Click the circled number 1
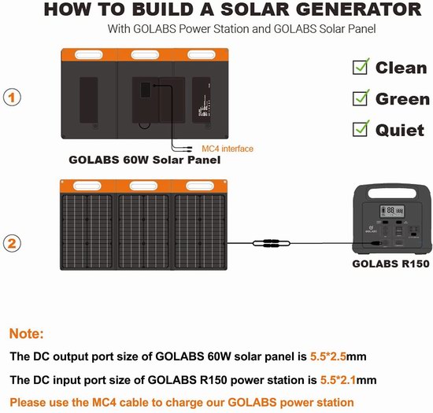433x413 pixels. click(12, 98)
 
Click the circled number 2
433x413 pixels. click(12, 243)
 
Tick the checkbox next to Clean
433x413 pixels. click(361, 68)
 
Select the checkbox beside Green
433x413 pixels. click(361, 98)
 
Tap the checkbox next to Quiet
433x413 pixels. click(361, 129)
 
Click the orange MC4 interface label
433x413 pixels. click(228, 149)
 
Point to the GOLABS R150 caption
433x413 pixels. click(390, 264)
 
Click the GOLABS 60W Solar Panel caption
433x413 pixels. click(144, 160)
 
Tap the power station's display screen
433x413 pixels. click(392, 212)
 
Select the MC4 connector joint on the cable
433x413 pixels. click(272, 243)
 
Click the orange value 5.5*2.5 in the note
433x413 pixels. click(328, 356)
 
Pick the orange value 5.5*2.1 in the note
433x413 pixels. click(338, 380)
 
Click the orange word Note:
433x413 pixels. click(27, 334)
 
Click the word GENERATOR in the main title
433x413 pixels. click(359, 9)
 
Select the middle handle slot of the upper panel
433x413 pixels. click(145, 54)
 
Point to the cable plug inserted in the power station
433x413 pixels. click(376, 243)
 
